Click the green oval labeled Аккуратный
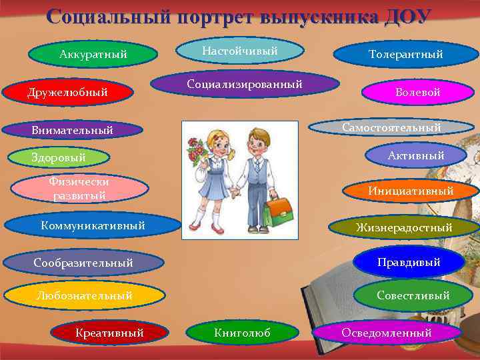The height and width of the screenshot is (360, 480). tap(93, 55)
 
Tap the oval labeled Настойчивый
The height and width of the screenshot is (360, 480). tap(240, 51)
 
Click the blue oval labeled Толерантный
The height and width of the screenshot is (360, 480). tap(405, 55)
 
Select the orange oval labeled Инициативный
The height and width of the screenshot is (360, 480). tap(411, 191)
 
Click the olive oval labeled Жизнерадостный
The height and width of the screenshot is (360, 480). tap(404, 227)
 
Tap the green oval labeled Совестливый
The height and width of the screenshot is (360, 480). tap(413, 295)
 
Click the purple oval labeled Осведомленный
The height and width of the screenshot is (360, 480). tap(387, 333)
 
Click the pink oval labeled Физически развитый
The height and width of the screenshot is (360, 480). tap(79, 189)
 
